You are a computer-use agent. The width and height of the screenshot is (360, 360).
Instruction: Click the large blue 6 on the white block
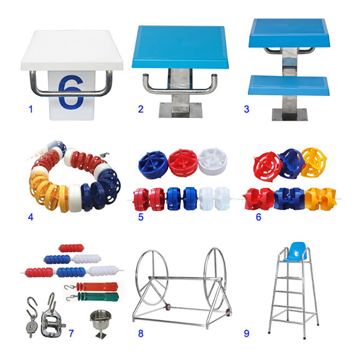[x=71, y=92]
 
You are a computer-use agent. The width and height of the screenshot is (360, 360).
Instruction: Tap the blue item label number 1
[x=31, y=109]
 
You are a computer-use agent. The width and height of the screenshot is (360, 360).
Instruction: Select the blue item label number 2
[x=141, y=109]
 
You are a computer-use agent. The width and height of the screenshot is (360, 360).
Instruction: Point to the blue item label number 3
[x=246, y=109]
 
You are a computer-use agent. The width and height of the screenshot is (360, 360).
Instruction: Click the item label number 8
[x=141, y=333]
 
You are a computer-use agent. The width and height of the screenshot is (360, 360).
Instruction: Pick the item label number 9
[x=246, y=333]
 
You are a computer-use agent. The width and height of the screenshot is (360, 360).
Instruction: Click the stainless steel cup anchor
[x=100, y=324]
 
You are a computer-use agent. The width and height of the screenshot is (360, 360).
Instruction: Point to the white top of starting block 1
[x=72, y=50]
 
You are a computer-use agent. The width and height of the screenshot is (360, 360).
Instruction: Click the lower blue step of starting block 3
[x=288, y=85]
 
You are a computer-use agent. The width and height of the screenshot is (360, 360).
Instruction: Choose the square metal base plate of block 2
[x=180, y=110]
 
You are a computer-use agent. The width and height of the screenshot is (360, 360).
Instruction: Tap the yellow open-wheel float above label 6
[x=314, y=162]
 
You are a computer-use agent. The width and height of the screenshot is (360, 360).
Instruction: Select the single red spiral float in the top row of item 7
[x=71, y=248]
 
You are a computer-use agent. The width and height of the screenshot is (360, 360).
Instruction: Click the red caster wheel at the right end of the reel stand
[x=228, y=312]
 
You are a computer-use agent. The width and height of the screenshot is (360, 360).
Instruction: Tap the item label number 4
[x=31, y=217]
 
